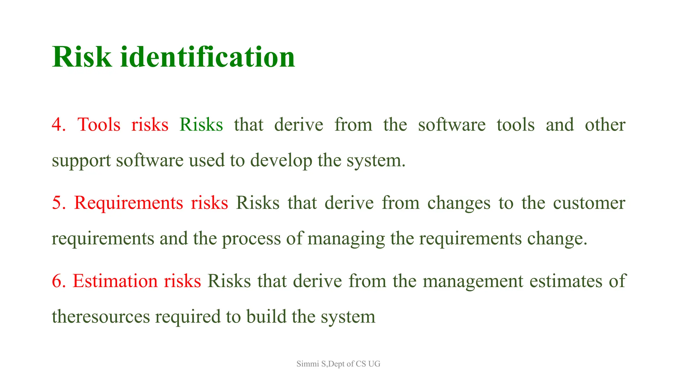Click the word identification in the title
click(x=208, y=57)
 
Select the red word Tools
click(x=99, y=125)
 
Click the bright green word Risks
click(x=201, y=125)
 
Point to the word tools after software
click(x=515, y=125)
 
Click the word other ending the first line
click(x=605, y=125)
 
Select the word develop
click(x=281, y=161)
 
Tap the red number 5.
click(x=59, y=203)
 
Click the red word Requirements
click(x=128, y=203)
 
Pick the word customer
click(x=589, y=203)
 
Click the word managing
click(x=346, y=239)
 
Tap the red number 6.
click(x=59, y=281)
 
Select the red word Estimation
click(x=115, y=281)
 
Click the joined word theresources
click(x=101, y=317)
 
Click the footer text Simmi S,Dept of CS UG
click(x=338, y=364)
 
